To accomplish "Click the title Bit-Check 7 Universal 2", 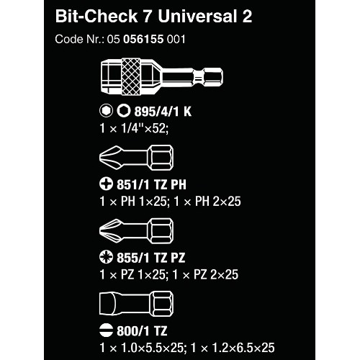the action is click(x=153, y=17).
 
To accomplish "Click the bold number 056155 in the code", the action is click(x=143, y=39).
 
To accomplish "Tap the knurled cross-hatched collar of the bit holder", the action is click(x=131, y=76).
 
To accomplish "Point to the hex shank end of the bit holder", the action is click(x=213, y=77).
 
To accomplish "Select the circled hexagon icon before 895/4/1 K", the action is click(x=106, y=111).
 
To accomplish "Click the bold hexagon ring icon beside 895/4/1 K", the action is click(x=124, y=111).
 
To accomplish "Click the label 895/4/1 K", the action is click(x=163, y=112).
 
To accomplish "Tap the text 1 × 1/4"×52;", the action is click(x=134, y=128).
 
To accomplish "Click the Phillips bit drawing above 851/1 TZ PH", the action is click(x=136, y=158).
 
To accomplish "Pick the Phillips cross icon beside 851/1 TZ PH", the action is click(x=106, y=184).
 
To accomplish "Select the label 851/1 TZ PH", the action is click(x=151, y=184).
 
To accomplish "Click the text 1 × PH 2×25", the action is click(x=207, y=202).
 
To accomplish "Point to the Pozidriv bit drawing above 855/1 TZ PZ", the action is click(x=136, y=231).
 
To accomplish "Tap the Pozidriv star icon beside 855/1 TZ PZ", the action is click(x=106, y=257).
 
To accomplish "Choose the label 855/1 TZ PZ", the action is click(x=151, y=258).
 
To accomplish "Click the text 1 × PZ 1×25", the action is click(x=132, y=274).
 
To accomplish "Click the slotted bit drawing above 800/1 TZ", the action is click(x=136, y=304).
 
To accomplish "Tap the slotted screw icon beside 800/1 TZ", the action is click(x=106, y=330).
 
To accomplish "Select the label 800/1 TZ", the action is click(x=142, y=331).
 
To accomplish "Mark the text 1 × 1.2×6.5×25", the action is click(x=233, y=348).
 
